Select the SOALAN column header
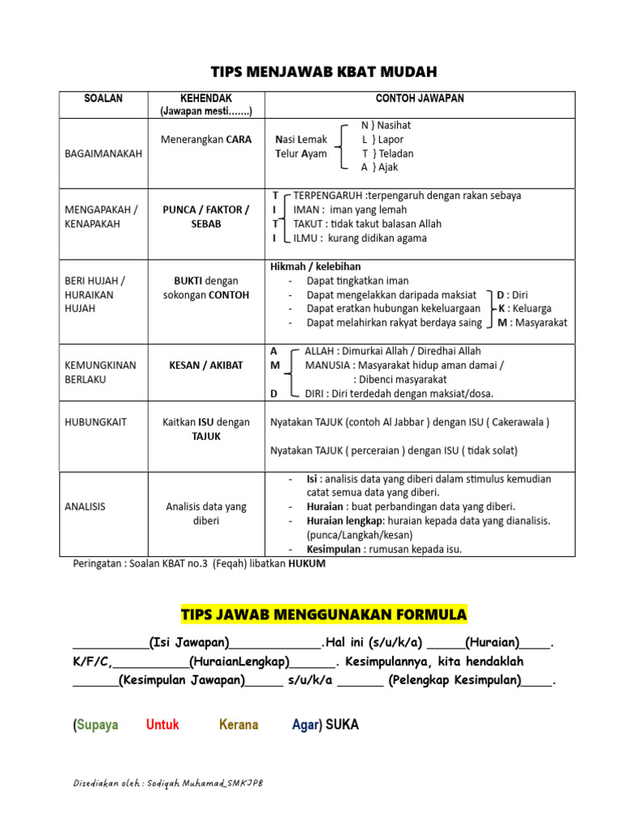point(103,99)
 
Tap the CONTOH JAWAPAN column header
point(420,99)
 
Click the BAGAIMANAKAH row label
point(103,153)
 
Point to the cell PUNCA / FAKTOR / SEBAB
point(206,217)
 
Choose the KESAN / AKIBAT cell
point(206,365)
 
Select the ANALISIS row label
point(85,507)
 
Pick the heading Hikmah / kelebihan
point(315,266)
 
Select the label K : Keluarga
point(525,308)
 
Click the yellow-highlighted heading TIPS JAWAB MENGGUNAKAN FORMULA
point(323,615)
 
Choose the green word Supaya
point(97,724)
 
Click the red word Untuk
point(163,724)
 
